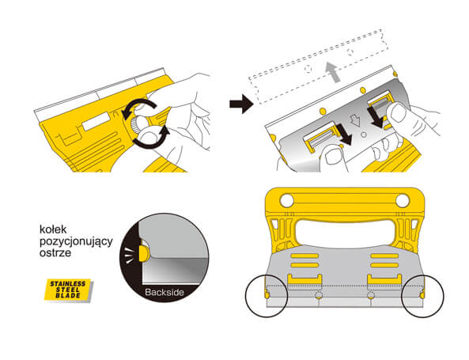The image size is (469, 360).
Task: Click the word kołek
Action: [x=53, y=229]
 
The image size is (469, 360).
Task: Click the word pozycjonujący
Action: [x=76, y=242]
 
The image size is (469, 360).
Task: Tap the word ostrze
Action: [x=55, y=252]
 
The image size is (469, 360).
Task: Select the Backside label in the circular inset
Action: [x=165, y=292]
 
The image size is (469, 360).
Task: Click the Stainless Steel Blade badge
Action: [x=68, y=290]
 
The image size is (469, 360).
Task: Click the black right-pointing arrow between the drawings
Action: [x=241, y=104]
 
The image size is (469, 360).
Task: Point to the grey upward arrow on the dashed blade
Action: [x=333, y=72]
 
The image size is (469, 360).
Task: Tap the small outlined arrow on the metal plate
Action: [x=356, y=120]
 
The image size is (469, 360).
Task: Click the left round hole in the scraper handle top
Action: [x=287, y=200]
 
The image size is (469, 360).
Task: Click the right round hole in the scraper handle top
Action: [x=403, y=200]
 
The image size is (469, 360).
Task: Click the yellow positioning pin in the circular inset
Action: [x=144, y=253]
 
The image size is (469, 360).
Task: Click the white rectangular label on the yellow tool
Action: [x=96, y=121]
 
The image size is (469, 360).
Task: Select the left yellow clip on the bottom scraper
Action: [x=304, y=279]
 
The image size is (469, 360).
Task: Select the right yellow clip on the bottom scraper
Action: [x=384, y=279]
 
